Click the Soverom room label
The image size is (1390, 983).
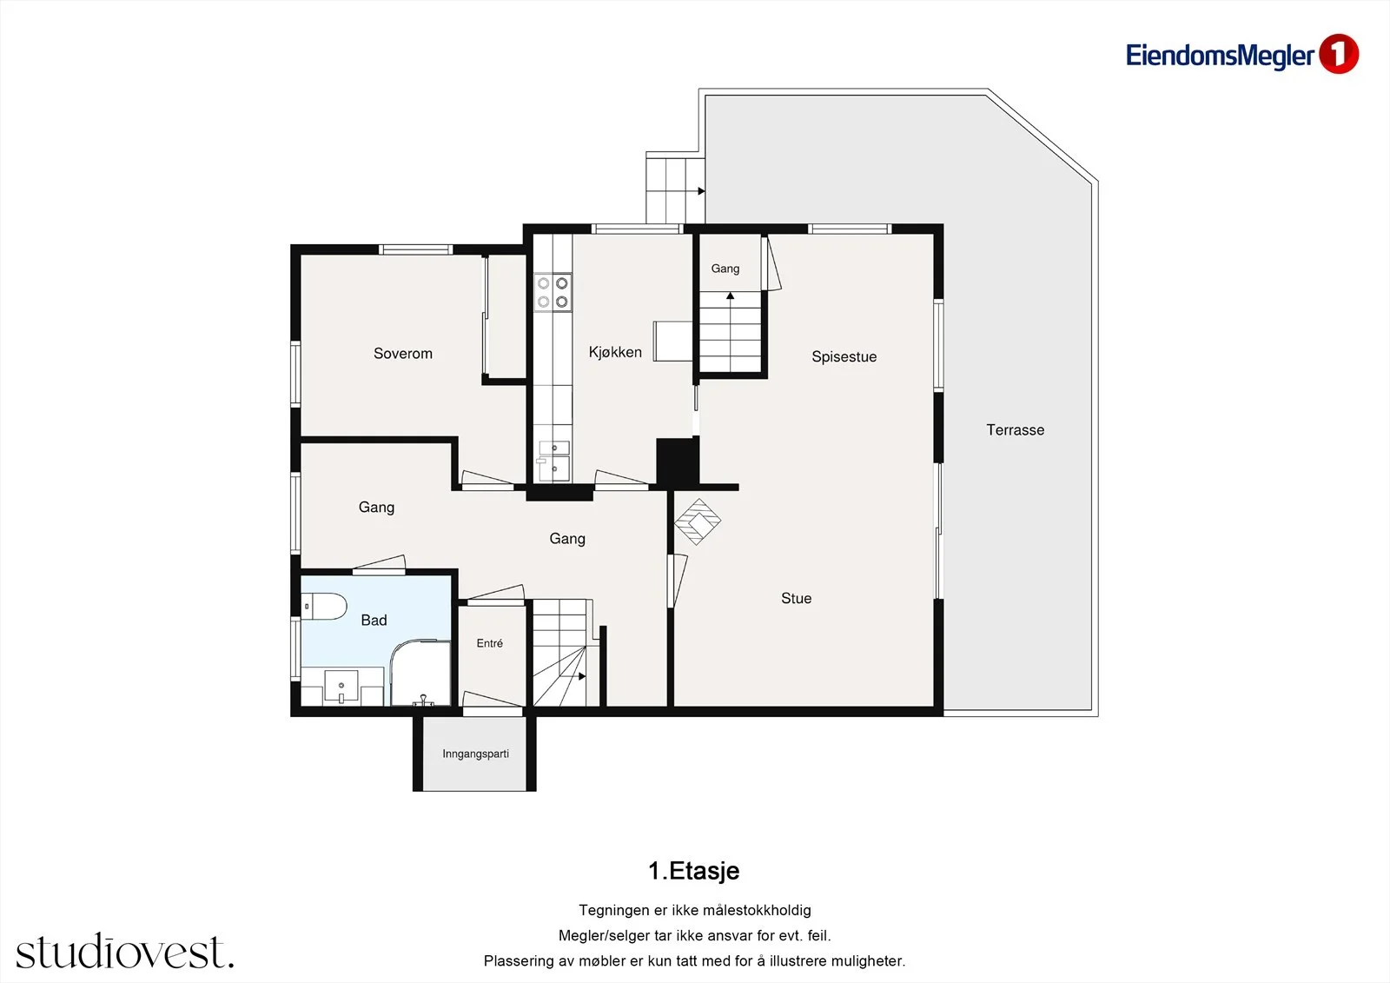pos(403,354)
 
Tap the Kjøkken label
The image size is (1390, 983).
pos(615,352)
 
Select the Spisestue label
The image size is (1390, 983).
pos(844,356)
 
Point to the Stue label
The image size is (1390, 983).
pos(796,598)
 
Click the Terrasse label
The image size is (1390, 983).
pos(1016,429)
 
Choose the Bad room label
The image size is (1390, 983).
pos(374,620)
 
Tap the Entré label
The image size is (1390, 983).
pos(490,643)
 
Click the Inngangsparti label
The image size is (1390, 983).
pos(475,754)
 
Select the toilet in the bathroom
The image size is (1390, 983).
pos(323,606)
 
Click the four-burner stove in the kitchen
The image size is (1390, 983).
pos(553,292)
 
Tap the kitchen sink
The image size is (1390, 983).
pos(553,461)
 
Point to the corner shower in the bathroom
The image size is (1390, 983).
pos(420,673)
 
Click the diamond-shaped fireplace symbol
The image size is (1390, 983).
pos(698,521)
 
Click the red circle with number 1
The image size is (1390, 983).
pos(1339,54)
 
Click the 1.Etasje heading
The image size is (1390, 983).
pos(694,871)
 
